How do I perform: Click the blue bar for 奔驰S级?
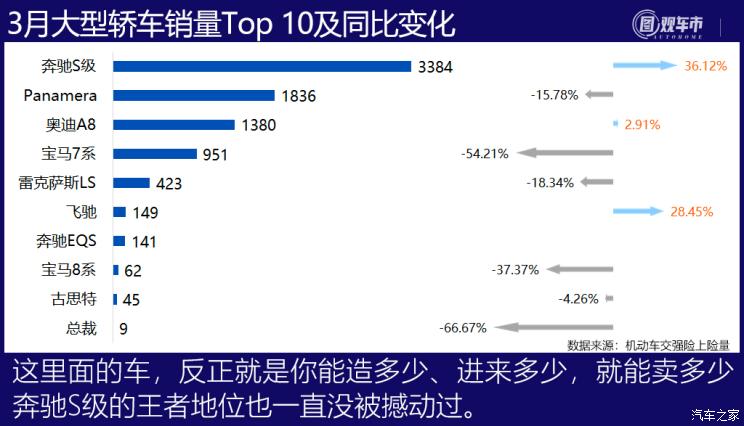[x=262, y=67]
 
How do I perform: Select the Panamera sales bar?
[x=194, y=96]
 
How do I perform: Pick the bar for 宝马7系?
[x=155, y=154]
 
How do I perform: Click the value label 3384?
[x=435, y=67]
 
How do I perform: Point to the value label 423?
[x=170, y=183]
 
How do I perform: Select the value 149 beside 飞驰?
[x=145, y=213]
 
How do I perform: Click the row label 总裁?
[x=83, y=327]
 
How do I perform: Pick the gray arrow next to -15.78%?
[x=599, y=95]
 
